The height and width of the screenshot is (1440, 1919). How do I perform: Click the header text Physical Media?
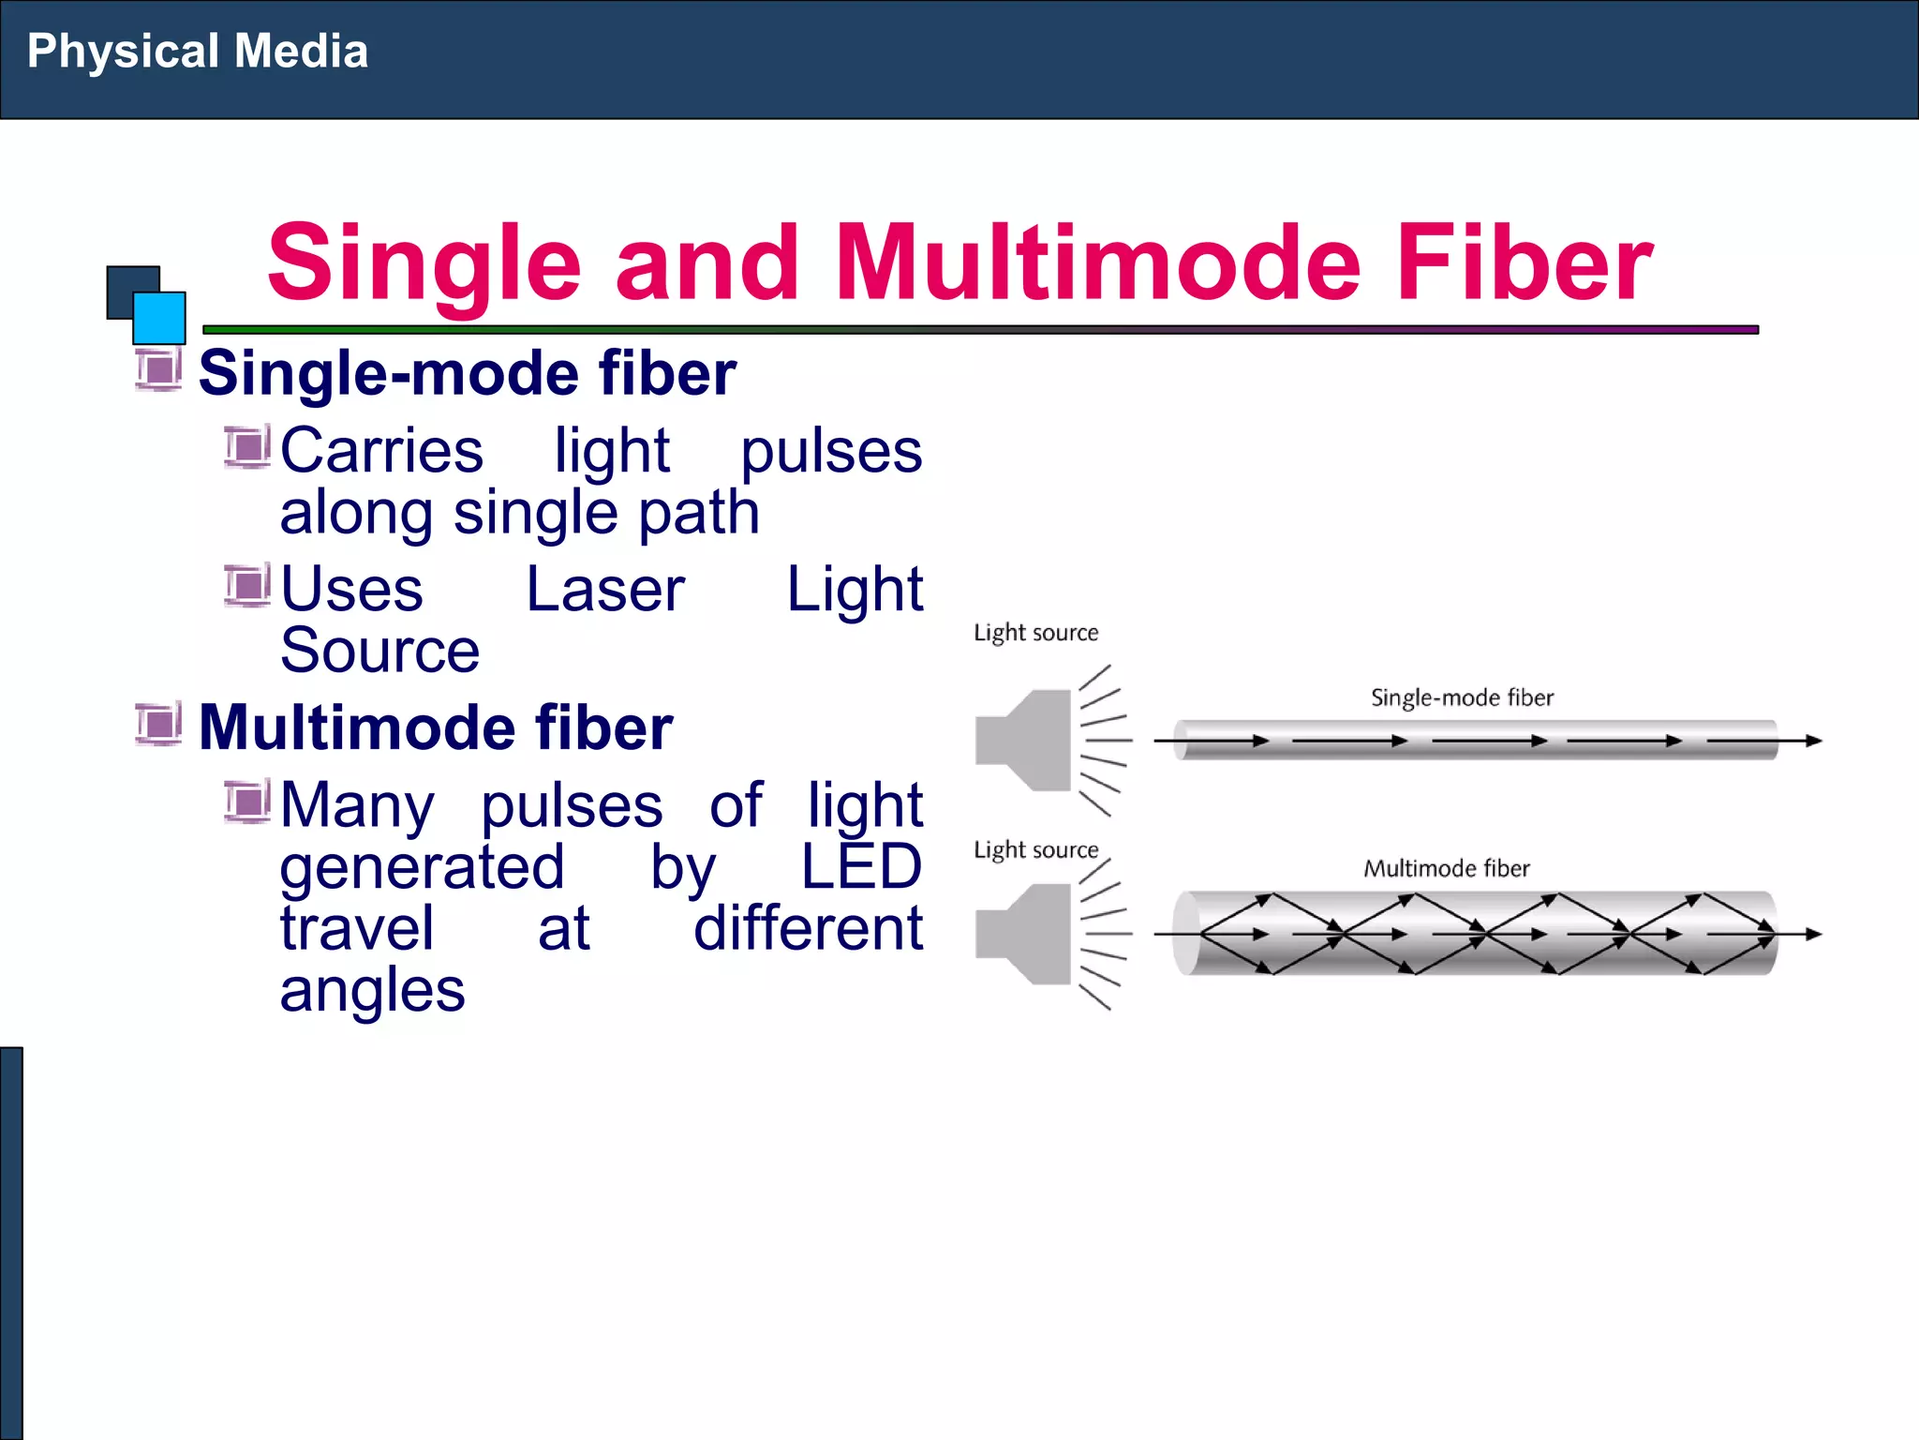[197, 52]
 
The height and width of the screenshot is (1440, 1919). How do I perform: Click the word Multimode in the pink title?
[1096, 263]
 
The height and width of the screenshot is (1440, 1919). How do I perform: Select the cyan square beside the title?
[159, 318]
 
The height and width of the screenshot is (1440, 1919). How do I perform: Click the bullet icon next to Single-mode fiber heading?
[158, 369]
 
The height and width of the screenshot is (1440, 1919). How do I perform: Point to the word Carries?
[381, 451]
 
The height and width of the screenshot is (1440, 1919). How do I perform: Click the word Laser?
[605, 590]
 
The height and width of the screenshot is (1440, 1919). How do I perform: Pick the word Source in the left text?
[379, 651]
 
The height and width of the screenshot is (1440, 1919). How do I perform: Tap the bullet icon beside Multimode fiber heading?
[158, 724]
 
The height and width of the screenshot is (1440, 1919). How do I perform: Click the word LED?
[861, 866]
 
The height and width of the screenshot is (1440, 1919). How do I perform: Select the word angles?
[372, 990]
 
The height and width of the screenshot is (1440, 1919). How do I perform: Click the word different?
[808, 928]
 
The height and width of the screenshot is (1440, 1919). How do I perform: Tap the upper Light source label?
[1035, 633]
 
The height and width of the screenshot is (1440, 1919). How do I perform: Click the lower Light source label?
[1035, 850]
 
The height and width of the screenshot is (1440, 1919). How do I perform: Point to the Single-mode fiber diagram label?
[1462, 697]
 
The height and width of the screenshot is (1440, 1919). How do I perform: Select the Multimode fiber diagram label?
[1446, 868]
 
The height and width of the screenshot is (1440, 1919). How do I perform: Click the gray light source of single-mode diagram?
[1024, 741]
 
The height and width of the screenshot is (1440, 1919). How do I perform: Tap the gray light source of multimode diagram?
[1024, 934]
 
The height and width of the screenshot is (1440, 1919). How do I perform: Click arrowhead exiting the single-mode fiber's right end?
[1813, 741]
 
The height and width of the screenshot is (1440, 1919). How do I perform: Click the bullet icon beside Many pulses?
[247, 802]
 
